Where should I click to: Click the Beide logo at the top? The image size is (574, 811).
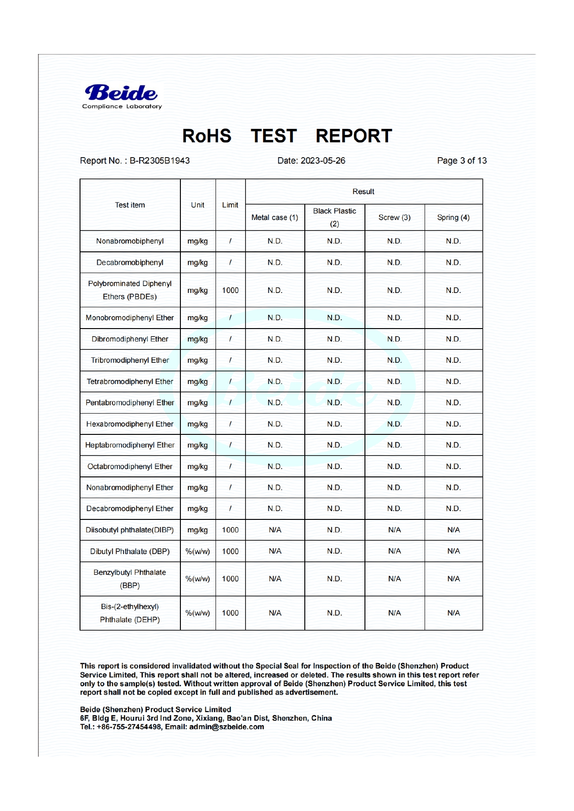point(122,96)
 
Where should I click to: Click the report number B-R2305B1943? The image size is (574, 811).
point(159,161)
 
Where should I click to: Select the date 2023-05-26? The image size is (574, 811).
point(322,161)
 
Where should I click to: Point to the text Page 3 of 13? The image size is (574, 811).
point(462,161)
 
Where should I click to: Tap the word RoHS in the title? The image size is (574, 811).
point(206,136)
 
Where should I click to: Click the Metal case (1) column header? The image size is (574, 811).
point(275,218)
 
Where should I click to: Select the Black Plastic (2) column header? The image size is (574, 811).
point(334,217)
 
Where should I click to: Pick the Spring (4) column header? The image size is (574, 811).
point(453,218)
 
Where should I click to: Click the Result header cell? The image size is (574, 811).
point(364,192)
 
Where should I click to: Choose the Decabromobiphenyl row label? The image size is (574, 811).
point(130,262)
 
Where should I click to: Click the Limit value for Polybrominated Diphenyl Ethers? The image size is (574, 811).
point(230,290)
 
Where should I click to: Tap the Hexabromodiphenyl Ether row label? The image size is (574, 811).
point(130,424)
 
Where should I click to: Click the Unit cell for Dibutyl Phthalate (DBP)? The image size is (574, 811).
point(198,551)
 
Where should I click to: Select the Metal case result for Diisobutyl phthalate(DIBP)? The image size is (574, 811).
point(275,530)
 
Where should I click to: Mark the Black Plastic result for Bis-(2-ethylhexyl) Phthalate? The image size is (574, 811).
point(334,613)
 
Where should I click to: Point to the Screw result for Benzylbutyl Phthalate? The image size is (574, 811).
point(395,579)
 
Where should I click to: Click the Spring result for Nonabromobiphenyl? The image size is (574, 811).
point(453,241)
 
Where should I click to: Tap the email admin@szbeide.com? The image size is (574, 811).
point(227,727)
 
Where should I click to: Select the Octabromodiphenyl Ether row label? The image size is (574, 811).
point(130,466)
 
